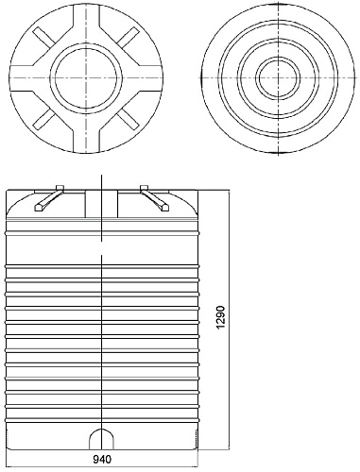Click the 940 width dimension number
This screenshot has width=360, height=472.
tap(102, 460)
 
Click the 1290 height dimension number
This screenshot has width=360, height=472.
tap(221, 317)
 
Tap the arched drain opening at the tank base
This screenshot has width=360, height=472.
tap(101, 439)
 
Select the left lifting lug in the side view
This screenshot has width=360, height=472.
tap(49, 198)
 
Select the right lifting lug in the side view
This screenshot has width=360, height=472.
tap(155, 198)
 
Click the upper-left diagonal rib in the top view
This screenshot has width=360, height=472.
tap(45, 38)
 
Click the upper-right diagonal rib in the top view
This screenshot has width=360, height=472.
tap(128, 38)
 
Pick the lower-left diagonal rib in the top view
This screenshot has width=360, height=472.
tap(45, 119)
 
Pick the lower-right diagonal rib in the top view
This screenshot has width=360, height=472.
tap(128, 119)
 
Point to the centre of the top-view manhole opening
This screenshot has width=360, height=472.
tap(86, 77)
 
